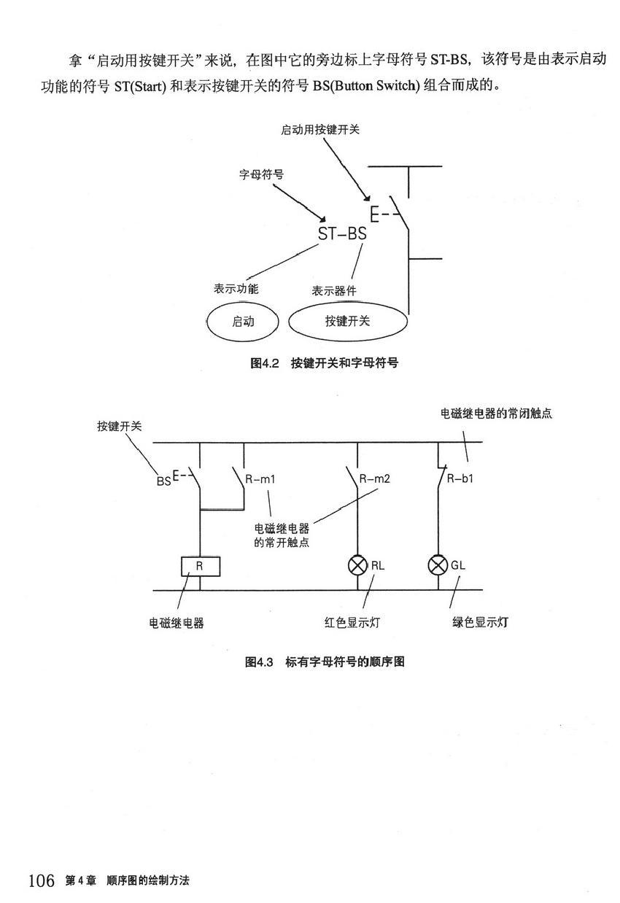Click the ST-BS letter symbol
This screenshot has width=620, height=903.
[342, 234]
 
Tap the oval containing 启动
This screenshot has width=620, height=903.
[243, 321]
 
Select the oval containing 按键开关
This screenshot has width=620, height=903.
[347, 321]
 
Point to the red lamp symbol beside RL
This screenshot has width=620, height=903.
[357, 565]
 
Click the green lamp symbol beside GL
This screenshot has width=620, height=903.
[438, 565]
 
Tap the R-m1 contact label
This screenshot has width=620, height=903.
[260, 479]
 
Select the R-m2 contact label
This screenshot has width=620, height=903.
[375, 479]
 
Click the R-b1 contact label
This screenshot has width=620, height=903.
[460, 479]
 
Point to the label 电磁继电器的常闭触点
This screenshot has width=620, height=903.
[496, 414]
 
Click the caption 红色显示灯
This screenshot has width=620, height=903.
[352, 623]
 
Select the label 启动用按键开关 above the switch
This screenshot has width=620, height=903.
[320, 130]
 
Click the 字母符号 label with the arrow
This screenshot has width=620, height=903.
[261, 175]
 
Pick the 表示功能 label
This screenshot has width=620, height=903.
[236, 289]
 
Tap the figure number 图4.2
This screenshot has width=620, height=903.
[265, 363]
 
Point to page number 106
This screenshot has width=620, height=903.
[42, 881]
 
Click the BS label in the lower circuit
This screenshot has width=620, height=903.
[163, 481]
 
